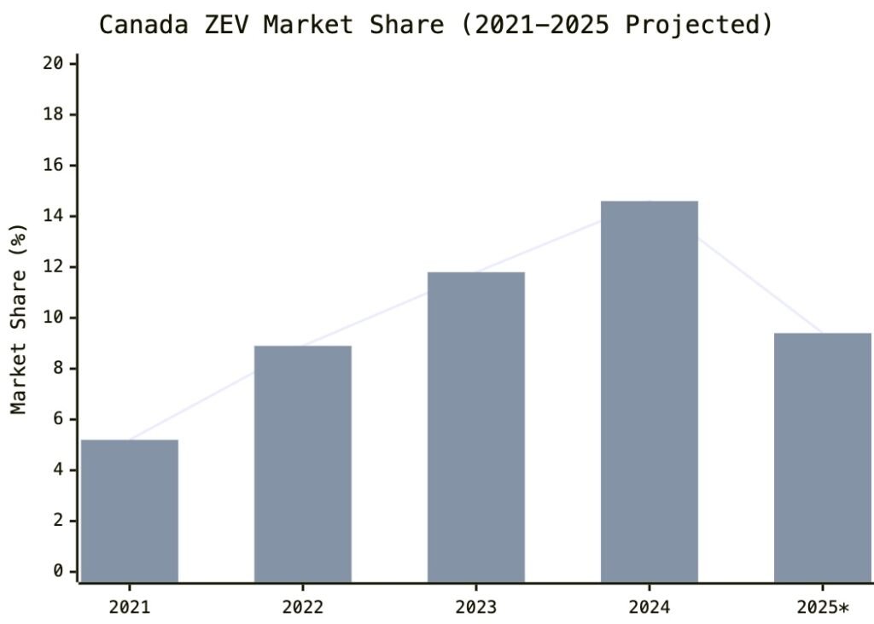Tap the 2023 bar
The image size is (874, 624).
click(x=476, y=427)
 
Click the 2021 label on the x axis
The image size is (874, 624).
click(x=130, y=608)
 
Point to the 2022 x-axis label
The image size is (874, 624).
click(x=303, y=608)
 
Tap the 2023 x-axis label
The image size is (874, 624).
click(x=476, y=608)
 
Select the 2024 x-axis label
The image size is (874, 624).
click(x=650, y=608)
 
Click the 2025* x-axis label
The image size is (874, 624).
click(x=821, y=608)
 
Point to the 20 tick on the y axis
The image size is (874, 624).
click(x=54, y=64)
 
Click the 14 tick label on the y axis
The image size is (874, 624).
click(x=54, y=216)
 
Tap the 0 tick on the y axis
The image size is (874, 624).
click(x=59, y=571)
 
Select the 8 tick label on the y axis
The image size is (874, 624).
click(x=59, y=369)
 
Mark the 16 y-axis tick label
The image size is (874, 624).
click(x=54, y=166)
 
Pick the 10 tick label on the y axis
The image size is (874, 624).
click(x=54, y=318)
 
